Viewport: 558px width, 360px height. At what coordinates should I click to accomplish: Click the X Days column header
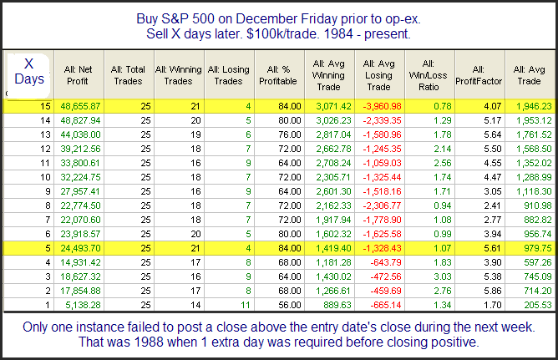[28, 71]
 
